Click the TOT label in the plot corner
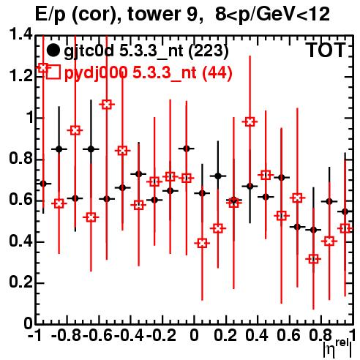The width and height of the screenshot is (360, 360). click(x=326, y=50)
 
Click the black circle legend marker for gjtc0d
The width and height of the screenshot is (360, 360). click(x=53, y=50)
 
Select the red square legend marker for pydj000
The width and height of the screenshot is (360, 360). click(x=53, y=72)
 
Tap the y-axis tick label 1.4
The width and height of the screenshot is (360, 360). click(x=20, y=34)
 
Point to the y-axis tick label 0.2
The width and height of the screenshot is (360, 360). click(x=20, y=282)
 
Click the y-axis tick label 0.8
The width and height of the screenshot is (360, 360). click(x=20, y=159)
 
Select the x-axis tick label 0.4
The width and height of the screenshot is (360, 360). click(x=257, y=335)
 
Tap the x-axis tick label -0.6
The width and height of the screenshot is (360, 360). click(x=97, y=335)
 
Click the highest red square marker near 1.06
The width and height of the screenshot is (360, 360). click(x=107, y=105)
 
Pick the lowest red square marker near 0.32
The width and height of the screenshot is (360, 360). click(x=313, y=259)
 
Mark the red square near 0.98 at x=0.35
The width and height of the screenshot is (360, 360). click(x=250, y=121)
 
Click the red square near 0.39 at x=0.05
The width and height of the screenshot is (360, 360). click(x=202, y=243)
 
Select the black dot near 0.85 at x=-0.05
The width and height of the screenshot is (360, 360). click(x=187, y=149)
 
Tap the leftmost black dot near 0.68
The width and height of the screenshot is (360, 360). click(x=43, y=184)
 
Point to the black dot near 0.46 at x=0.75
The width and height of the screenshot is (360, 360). click(x=313, y=230)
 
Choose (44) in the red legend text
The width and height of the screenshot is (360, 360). click(x=217, y=72)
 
